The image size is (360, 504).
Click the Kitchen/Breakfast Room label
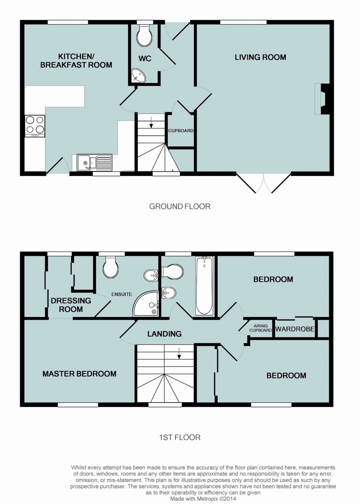tap(76, 60)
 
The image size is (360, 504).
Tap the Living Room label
tap(260, 57)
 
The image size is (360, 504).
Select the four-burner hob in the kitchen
tap(35, 126)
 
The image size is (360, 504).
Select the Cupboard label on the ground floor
tap(181, 130)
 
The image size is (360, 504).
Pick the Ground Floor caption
tap(180, 206)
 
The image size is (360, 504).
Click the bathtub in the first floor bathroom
tap(204, 285)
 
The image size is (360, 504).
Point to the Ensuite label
tap(122, 294)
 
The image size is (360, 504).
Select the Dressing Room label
tap(71, 305)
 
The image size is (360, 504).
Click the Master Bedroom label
tap(79, 374)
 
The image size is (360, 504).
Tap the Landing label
tap(164, 334)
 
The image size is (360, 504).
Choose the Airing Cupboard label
tap(261, 328)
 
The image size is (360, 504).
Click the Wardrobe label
tap(295, 329)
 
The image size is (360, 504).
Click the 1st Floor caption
tap(180, 437)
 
